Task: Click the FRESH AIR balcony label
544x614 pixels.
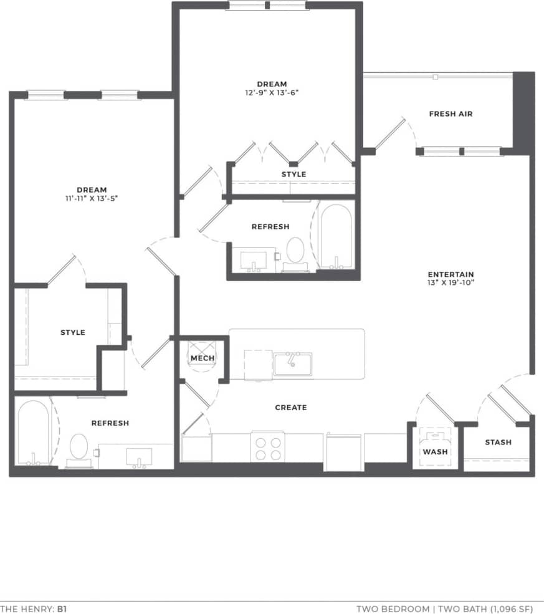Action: point(451,114)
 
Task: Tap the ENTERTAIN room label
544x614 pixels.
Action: point(451,274)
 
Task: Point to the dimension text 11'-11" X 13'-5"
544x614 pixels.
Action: point(92,199)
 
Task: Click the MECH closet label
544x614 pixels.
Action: point(203,358)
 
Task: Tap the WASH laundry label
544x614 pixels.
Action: point(435,452)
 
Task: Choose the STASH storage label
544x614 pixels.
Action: point(498,443)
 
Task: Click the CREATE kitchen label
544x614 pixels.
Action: point(291,408)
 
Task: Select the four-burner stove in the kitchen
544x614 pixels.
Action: point(267,447)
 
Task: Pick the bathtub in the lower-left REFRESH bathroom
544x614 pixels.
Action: point(32,432)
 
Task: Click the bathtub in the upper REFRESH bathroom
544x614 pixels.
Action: point(336,236)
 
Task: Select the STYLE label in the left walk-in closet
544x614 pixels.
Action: point(73,333)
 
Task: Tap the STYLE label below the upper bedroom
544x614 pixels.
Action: point(293,175)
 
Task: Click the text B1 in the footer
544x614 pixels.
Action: point(64,607)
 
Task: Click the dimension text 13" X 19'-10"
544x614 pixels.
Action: point(451,284)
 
